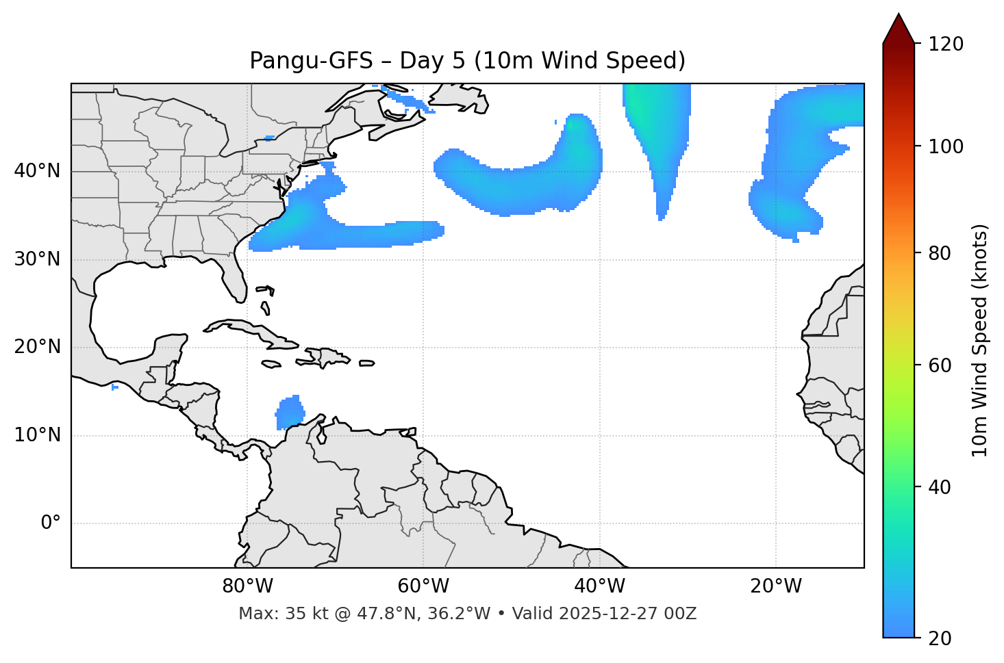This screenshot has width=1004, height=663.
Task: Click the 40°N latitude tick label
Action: (x=37, y=171)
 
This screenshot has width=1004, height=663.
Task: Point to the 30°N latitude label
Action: (x=37, y=259)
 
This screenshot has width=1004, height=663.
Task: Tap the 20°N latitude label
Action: (x=37, y=347)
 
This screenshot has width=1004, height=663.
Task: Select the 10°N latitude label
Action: (x=37, y=435)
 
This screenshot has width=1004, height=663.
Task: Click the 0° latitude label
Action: (x=51, y=523)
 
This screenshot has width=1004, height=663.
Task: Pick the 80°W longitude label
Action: (x=247, y=586)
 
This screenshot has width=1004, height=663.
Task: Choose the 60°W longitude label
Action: (x=423, y=586)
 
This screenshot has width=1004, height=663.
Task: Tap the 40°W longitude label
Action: (x=599, y=586)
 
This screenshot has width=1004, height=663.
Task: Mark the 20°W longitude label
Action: (x=776, y=586)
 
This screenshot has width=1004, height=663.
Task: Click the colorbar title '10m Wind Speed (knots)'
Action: (x=980, y=340)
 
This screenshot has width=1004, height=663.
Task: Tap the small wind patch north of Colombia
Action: (x=290, y=413)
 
